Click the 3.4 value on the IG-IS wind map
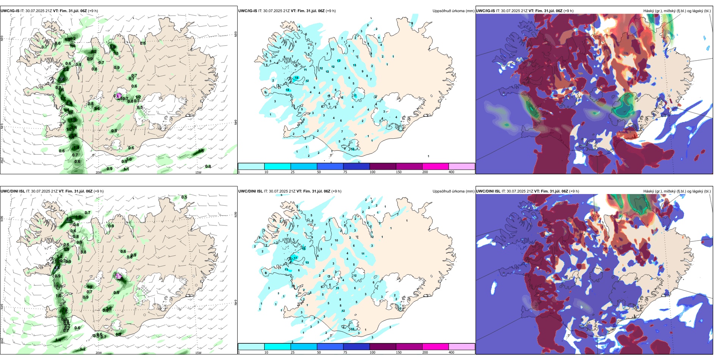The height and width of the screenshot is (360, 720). (61, 79)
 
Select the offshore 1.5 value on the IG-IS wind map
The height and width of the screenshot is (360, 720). (201, 151)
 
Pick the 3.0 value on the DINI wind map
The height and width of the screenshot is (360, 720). (69, 219)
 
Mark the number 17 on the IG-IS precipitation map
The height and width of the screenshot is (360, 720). (355, 96)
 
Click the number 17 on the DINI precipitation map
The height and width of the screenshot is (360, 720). (296, 258)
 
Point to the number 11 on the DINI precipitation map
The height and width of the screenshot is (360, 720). (363, 254)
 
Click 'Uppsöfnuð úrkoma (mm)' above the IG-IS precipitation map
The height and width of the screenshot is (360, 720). (453, 11)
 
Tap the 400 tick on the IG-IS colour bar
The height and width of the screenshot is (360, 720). (451, 172)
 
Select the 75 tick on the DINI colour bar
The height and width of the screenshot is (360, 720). (345, 352)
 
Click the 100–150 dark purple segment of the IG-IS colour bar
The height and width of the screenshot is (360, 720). (383, 166)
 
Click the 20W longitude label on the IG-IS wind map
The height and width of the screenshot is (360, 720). (99, 172)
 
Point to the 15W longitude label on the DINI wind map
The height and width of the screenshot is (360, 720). (198, 353)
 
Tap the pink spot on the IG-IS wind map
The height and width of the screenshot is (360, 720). (119, 95)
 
